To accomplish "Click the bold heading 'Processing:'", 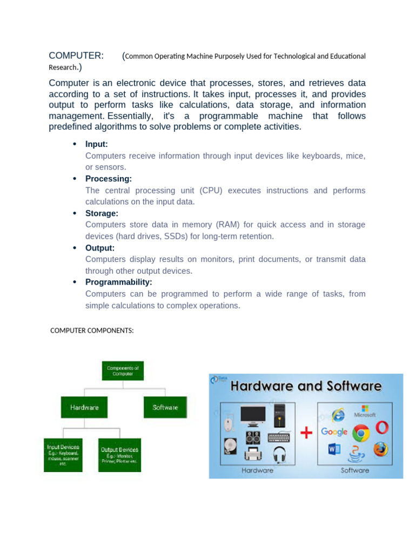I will click(108, 179).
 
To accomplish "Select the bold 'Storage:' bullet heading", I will click(102, 213).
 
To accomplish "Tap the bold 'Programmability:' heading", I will click(118, 282).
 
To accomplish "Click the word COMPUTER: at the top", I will click(76, 56).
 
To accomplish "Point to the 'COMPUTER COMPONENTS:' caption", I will click(92, 331).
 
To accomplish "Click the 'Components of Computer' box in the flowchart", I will click(123, 370).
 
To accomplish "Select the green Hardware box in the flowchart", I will click(84, 407).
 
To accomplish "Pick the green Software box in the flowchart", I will click(165, 407).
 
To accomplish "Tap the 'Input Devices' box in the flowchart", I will click(63, 455).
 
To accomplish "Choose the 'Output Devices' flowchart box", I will click(119, 455).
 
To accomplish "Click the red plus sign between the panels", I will click(306, 433).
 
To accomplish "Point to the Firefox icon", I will click(381, 449).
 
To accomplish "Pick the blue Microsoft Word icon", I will click(333, 449).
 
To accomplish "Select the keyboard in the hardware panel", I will click(278, 437).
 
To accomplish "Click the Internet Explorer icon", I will click(338, 414).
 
